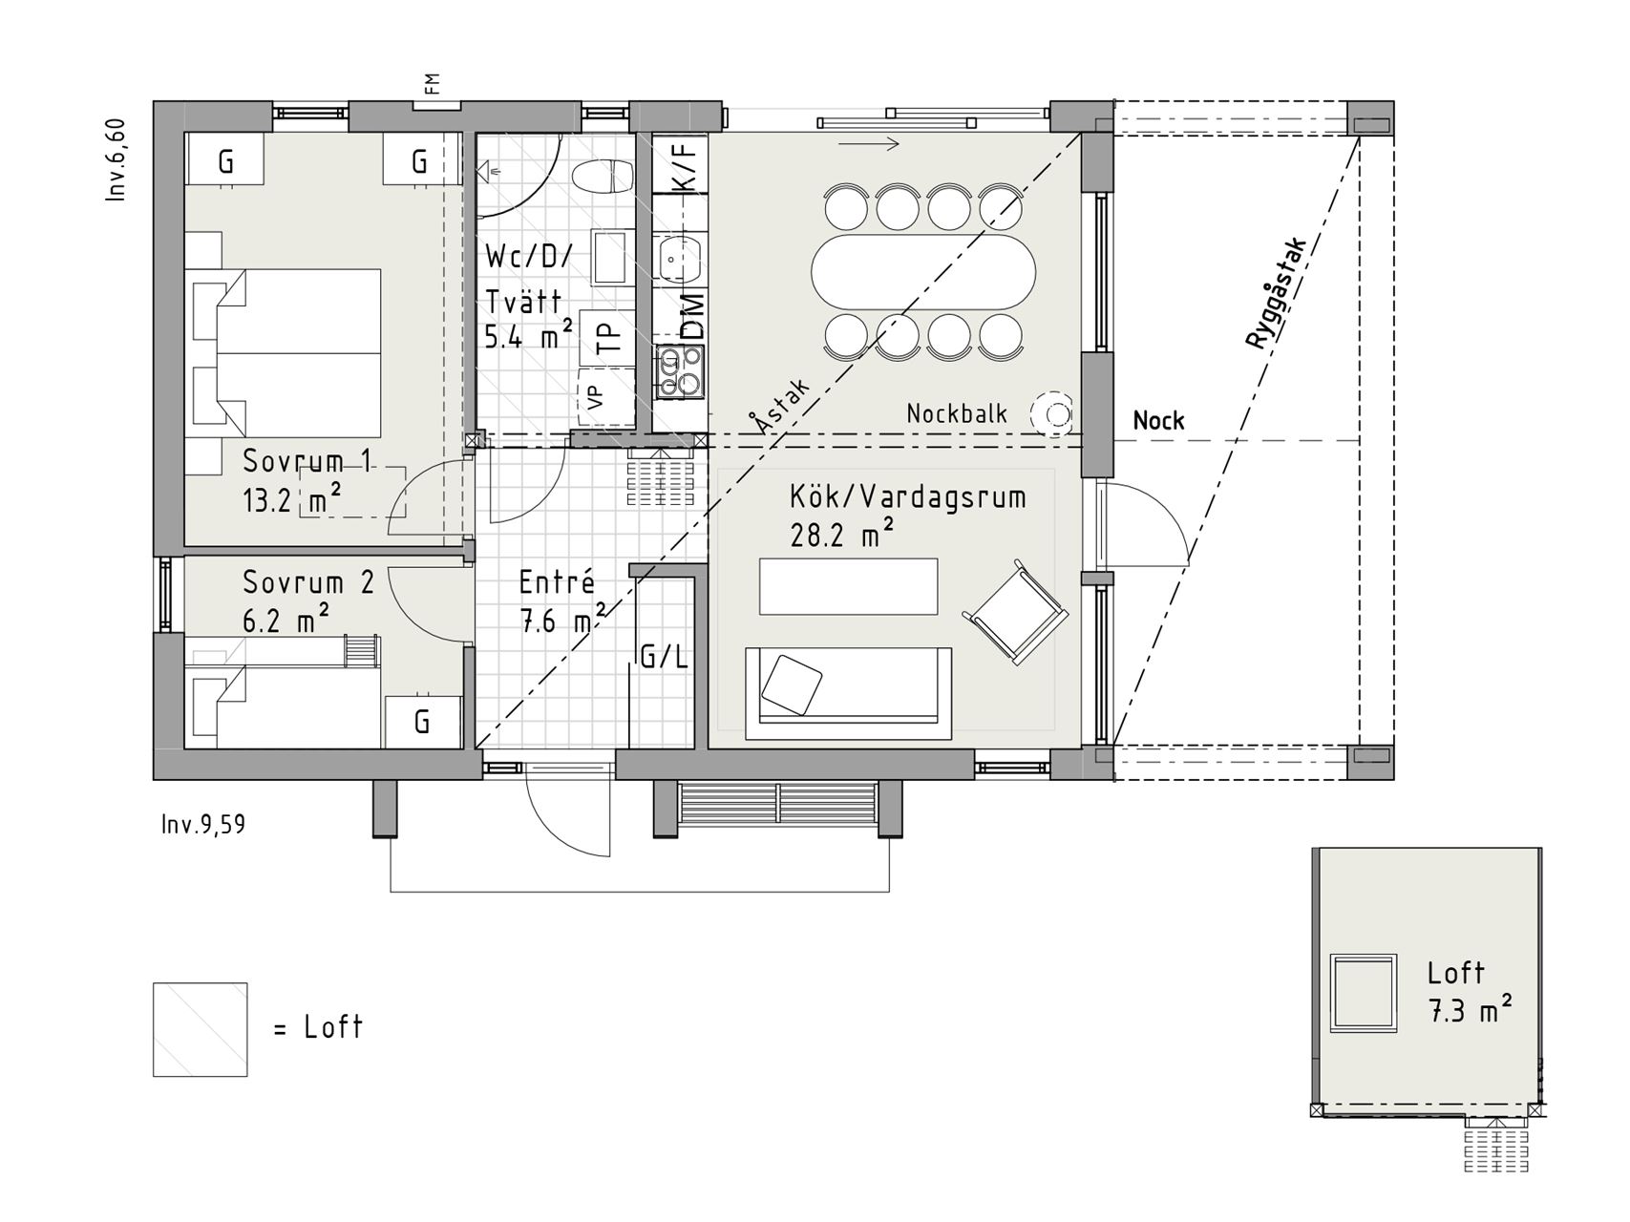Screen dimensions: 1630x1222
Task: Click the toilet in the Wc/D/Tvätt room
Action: [x=603, y=177]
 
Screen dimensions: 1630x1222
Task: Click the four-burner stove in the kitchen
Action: [x=680, y=372]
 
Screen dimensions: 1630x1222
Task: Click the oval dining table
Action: [x=923, y=271]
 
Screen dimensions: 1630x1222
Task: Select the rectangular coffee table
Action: [x=848, y=586]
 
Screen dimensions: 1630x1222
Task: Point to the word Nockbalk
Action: [x=957, y=413]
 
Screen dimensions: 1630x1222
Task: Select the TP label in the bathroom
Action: [x=607, y=339]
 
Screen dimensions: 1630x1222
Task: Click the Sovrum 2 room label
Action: [x=308, y=582]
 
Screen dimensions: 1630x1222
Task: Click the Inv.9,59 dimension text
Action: [x=203, y=824]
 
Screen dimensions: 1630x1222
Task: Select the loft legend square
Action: [x=201, y=1029]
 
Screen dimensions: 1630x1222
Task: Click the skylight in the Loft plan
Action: [x=1364, y=993]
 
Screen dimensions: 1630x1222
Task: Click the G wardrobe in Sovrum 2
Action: [x=423, y=722]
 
